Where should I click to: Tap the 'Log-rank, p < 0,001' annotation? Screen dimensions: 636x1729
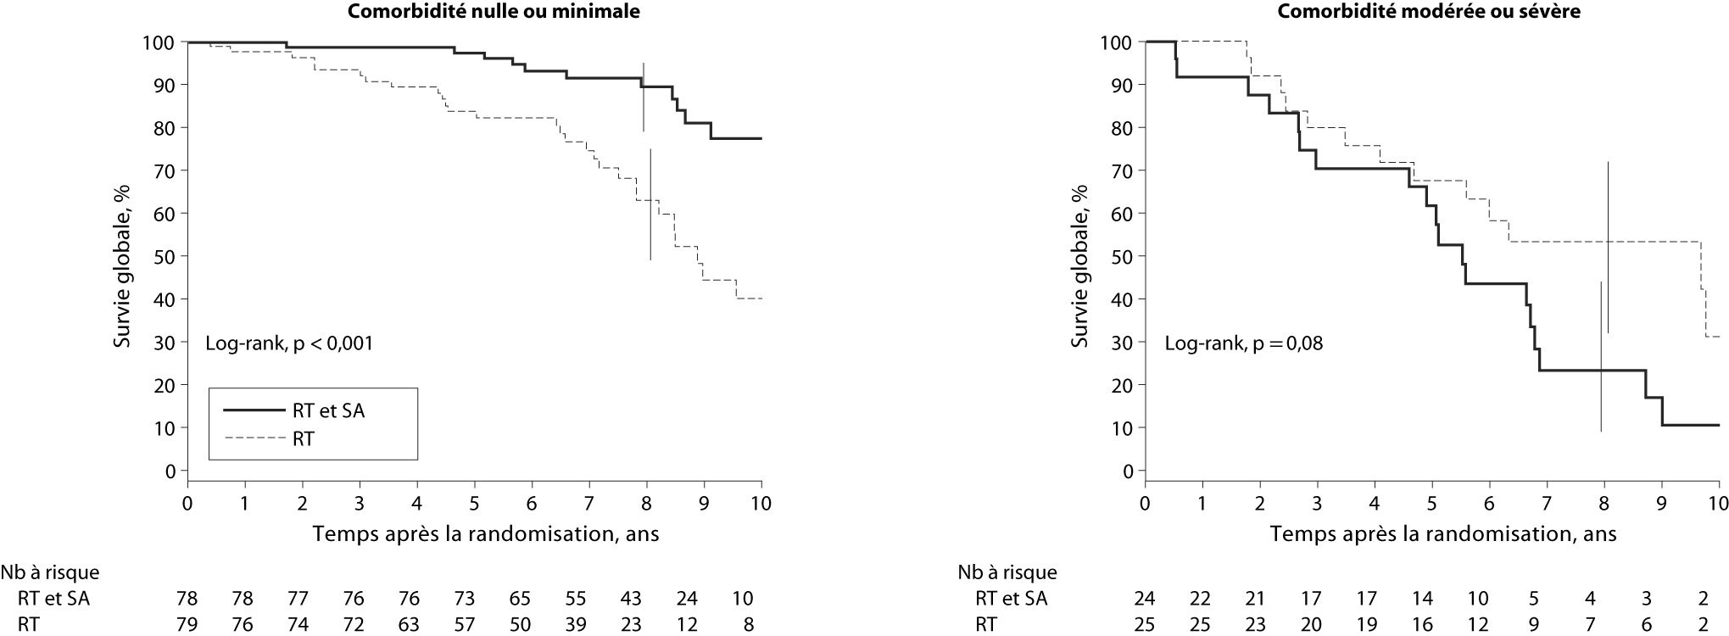pos(289,343)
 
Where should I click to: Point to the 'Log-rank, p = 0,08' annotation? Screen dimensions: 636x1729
pos(1243,343)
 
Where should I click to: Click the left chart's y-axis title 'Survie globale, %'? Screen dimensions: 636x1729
pos(124,256)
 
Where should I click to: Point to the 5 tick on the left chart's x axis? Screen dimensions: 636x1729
pos(474,502)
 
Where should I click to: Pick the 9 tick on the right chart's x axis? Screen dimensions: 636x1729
pos(1661,502)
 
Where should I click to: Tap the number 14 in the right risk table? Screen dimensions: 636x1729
pos(1422,599)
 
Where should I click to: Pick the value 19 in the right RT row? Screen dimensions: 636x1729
pos(1365,626)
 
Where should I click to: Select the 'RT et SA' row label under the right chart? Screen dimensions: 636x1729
pos(1011,599)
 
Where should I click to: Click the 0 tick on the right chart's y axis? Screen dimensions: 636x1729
pos(1127,471)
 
